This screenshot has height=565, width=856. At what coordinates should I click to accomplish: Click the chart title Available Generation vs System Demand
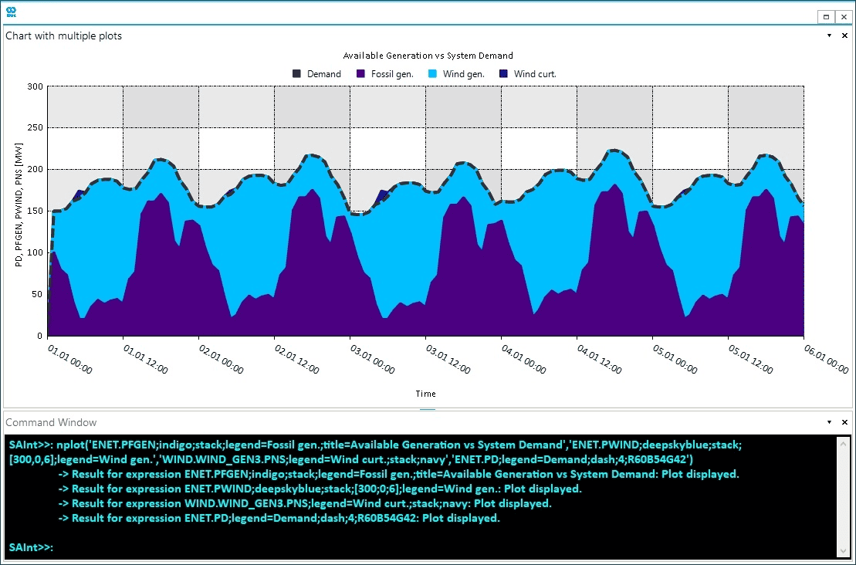[428, 56]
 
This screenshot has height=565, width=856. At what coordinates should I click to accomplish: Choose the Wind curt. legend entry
[534, 74]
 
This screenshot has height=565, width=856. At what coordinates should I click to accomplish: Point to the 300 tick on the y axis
[34, 86]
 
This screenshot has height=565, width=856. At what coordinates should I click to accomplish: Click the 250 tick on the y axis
[34, 127]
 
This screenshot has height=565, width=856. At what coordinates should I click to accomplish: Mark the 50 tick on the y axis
[36, 294]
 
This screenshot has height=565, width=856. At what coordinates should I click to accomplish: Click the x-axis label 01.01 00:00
[69, 359]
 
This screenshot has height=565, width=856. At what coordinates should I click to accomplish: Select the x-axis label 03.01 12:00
[447, 359]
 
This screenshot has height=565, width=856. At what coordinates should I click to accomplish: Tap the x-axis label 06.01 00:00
[825, 359]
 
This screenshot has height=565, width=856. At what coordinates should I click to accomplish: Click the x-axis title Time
[426, 394]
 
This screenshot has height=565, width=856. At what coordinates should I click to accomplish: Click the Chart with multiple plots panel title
[64, 36]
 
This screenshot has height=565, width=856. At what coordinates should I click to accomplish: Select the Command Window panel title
[52, 422]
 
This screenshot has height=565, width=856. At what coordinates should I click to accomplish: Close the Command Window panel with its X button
[844, 422]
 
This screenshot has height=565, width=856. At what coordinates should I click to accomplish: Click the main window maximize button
[827, 16]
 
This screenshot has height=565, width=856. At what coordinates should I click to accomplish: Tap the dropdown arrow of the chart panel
[830, 36]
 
